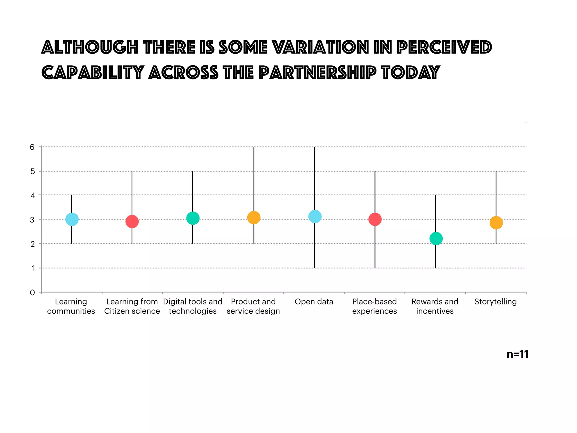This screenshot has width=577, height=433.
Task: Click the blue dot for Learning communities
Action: [x=72, y=219]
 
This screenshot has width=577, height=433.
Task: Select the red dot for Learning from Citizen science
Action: [x=132, y=222]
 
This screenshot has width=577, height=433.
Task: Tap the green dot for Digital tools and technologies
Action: [x=193, y=218]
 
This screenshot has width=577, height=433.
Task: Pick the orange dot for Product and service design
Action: [x=254, y=217]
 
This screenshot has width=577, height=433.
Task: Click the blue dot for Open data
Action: [x=315, y=216]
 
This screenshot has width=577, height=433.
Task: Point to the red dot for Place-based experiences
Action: [x=375, y=219]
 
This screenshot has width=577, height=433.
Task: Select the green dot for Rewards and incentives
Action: [x=436, y=238]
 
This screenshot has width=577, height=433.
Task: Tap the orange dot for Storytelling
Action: [x=496, y=223]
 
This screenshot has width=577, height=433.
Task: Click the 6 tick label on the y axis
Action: [x=32, y=147]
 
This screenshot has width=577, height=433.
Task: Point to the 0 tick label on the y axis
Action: [x=32, y=293]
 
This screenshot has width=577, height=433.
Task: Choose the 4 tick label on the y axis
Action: [x=33, y=195]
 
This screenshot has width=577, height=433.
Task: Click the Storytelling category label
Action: [x=495, y=302]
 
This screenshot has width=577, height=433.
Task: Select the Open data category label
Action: [x=314, y=302]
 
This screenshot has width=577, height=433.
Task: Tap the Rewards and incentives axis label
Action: [x=435, y=306]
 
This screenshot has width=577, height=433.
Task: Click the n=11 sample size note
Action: [x=517, y=354]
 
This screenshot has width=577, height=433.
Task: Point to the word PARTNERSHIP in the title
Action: [x=317, y=72]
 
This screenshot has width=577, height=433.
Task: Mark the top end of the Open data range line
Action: [x=314, y=147]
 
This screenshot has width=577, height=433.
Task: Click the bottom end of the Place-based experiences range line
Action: [x=375, y=267]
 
